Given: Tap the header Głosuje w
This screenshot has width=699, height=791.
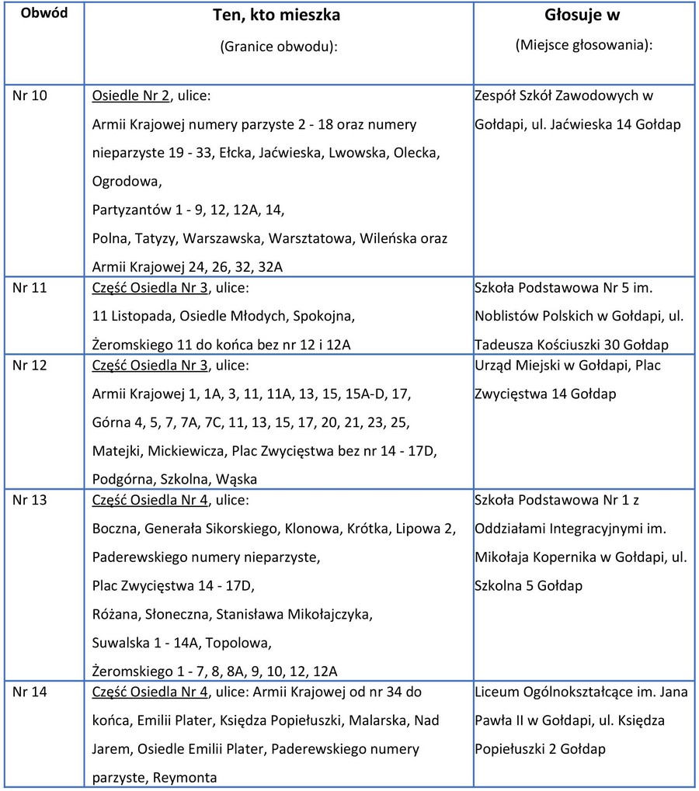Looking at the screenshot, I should pos(582,16).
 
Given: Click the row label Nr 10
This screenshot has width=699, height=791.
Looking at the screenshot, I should pos(30,96).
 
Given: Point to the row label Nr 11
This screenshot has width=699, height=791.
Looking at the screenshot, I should pos(30,289).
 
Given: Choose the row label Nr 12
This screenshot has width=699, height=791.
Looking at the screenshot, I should pos(30,366).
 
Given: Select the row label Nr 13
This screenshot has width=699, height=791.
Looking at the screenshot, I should pos(30,500).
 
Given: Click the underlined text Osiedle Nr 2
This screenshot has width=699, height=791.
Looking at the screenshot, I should pos(130,96).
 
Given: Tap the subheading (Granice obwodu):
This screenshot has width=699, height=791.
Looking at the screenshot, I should pos(278,46).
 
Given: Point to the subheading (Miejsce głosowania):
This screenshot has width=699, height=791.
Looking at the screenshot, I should pos(583,45).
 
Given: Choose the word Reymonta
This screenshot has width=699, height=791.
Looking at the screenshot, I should pos(185,777).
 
